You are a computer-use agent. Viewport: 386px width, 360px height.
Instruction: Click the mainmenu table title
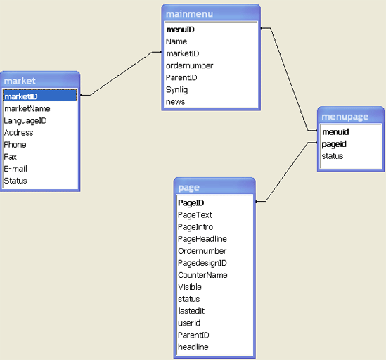pyautogui.click(x=189, y=14)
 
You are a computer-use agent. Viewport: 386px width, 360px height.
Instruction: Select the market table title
pyautogui.click(x=20, y=81)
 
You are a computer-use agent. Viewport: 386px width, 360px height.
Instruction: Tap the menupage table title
pyautogui.click(x=345, y=117)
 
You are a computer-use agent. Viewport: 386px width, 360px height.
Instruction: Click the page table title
pyautogui.click(x=189, y=188)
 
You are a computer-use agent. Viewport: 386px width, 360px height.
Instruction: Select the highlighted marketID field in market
pyautogui.click(x=21, y=96)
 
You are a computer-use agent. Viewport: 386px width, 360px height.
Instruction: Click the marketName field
pyautogui.click(x=27, y=108)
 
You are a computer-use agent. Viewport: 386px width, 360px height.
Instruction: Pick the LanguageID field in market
pyautogui.click(x=25, y=121)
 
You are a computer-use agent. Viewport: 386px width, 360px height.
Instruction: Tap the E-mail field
pyautogui.click(x=15, y=169)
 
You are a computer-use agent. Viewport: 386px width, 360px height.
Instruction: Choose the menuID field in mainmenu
pyautogui.click(x=181, y=30)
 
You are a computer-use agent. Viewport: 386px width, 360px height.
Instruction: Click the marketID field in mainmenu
pyautogui.click(x=183, y=53)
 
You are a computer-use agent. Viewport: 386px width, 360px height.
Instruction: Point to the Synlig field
pyautogui.click(x=176, y=89)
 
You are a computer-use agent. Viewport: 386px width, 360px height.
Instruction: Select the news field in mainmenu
pyautogui.click(x=176, y=102)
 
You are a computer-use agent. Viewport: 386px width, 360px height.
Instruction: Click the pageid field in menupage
pyautogui.click(x=334, y=144)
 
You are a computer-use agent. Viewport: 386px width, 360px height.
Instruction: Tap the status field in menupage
pyautogui.click(x=333, y=156)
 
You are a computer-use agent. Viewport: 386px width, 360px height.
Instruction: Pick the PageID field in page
pyautogui.click(x=191, y=203)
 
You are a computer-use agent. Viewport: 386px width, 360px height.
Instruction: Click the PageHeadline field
pyautogui.click(x=202, y=239)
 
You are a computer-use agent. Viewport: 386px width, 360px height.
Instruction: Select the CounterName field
pyautogui.click(x=202, y=275)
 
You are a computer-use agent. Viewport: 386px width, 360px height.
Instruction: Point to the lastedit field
pyautogui.click(x=191, y=311)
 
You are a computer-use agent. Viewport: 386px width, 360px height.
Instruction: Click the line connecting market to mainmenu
pyautogui.click(x=121, y=74)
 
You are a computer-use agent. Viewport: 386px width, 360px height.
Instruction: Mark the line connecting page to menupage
pyautogui.click(x=287, y=172)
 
